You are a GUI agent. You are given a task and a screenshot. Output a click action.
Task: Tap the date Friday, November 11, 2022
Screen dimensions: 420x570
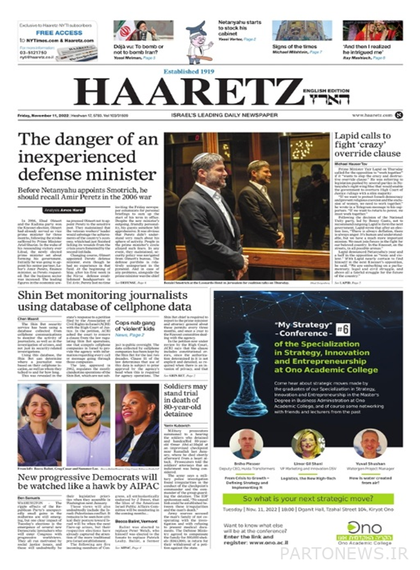point(48,115)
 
